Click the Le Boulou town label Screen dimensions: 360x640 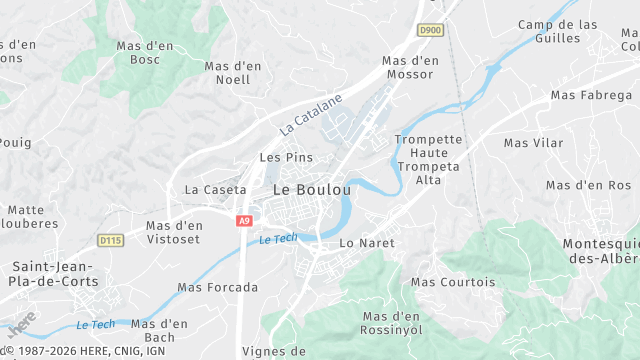click(311, 189)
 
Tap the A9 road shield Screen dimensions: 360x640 click(244, 221)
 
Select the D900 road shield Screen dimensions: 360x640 click(430, 30)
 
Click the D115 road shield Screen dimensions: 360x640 click(109, 240)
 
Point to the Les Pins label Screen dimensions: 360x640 click(286, 158)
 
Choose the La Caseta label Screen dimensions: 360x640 click(215, 189)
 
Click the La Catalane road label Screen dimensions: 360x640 click(311, 114)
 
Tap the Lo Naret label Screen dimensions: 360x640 click(367, 243)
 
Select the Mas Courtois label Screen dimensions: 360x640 click(453, 282)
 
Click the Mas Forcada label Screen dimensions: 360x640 click(217, 288)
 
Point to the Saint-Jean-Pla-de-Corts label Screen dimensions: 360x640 click(55, 274)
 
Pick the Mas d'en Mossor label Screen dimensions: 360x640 click(410, 67)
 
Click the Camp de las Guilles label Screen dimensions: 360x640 click(558, 31)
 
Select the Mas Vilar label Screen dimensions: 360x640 click(533, 143)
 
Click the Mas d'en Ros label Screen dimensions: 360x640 click(589, 185)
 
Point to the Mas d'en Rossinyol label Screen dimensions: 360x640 click(392, 323)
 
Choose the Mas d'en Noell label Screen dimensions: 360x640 click(233, 73)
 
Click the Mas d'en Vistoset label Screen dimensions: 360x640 click(174, 232)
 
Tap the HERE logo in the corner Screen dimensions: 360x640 click(20, 324)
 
